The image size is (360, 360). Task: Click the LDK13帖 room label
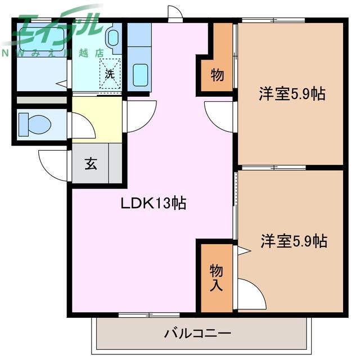tap(154, 203)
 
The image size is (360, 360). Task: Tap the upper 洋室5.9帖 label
tap(292, 94)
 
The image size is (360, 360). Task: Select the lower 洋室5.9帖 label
tap(294, 241)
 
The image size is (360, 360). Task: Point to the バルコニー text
tap(197, 333)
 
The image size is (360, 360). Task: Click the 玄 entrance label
tap(91, 164)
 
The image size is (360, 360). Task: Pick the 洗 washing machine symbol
tap(110, 74)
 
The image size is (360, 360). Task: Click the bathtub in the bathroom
tap(42, 39)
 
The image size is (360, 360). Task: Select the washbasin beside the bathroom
tap(113, 38)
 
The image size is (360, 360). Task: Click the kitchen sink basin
tap(141, 75)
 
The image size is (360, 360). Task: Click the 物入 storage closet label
tap(216, 277)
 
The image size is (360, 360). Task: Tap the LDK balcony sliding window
tap(149, 314)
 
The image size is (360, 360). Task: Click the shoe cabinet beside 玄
tap(115, 163)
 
